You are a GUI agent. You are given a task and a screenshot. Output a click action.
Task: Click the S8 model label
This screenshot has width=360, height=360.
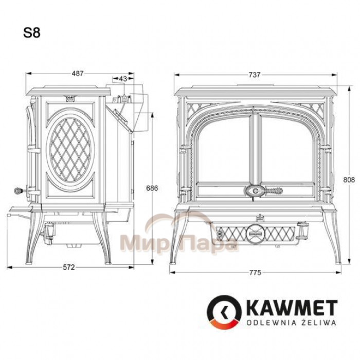click(32, 33)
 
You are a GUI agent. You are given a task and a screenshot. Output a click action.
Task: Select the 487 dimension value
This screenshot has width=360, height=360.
click(78, 74)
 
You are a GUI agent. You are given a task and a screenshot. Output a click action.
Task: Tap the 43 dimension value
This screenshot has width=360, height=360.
click(123, 79)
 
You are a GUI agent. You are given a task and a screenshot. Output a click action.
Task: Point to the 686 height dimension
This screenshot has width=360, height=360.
click(152, 188)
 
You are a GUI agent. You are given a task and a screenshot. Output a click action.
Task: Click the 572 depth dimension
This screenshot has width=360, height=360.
click(69, 267)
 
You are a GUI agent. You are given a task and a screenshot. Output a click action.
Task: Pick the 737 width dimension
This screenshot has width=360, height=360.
click(255, 75)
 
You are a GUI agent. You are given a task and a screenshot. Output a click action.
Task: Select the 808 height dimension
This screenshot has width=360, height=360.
click(349, 179)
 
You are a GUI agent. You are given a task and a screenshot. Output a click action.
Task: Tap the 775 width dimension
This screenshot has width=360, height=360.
click(255, 273)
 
